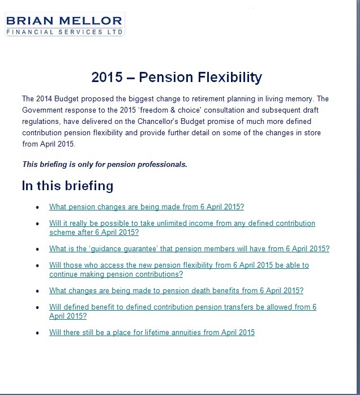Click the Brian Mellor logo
(x=63, y=24)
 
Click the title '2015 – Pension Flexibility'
(x=176, y=77)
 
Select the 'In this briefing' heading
(x=67, y=186)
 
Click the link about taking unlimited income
(x=182, y=224)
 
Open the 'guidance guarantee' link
(x=189, y=248)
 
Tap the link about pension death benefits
(x=176, y=290)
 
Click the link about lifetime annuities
(x=152, y=332)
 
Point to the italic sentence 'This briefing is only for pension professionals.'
(x=104, y=165)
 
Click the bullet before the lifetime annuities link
(x=37, y=333)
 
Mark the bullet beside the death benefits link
(x=37, y=291)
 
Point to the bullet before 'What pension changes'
(x=37, y=208)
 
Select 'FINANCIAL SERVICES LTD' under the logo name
(x=63, y=32)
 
